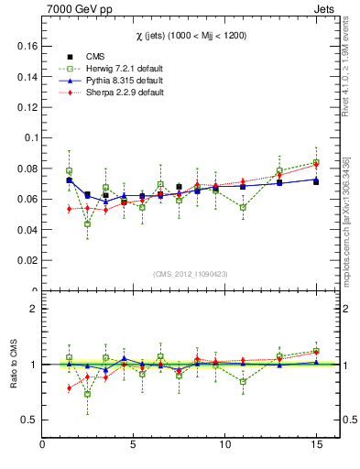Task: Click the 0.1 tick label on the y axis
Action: pyautogui.click(x=29, y=137)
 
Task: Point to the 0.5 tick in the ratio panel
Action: pyautogui.click(x=27, y=420)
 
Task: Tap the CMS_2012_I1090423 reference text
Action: pyautogui.click(x=191, y=274)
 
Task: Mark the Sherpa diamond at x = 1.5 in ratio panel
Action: pyautogui.click(x=69, y=387)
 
